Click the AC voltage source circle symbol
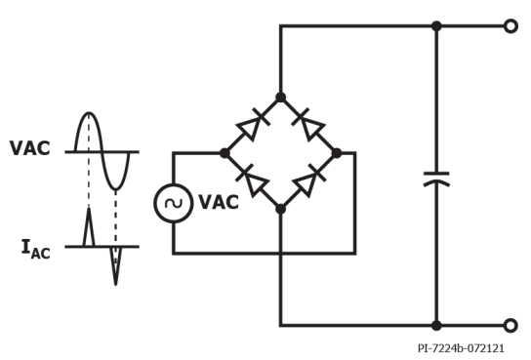coord(174,203)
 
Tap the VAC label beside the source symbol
coord(219,203)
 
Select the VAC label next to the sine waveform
coord(30,149)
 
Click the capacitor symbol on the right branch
coord(436,180)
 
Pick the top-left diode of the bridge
coord(252,125)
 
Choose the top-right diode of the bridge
coord(309,125)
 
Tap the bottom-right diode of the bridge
coord(309,180)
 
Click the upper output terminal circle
coord(510,26)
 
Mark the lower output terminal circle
coord(510,325)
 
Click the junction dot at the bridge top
coord(281,97)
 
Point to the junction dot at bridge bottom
coord(281,209)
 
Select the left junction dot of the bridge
coord(225,153)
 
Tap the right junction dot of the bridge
coord(337,153)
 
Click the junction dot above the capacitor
coord(436,26)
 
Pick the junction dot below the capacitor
coord(436,325)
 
